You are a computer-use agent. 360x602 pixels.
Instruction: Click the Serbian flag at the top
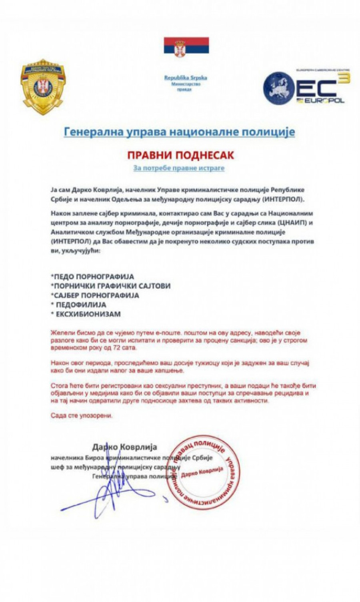click(x=186, y=46)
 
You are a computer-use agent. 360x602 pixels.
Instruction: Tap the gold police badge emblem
click(x=43, y=86)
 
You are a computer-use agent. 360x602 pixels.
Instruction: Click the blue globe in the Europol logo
click(x=278, y=88)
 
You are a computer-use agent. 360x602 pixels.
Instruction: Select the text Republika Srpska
click(x=186, y=78)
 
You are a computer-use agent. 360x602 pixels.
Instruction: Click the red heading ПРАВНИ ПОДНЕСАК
click(x=180, y=155)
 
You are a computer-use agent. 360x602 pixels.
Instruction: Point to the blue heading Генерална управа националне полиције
click(x=179, y=132)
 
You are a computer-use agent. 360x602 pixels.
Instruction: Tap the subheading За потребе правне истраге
click(x=179, y=168)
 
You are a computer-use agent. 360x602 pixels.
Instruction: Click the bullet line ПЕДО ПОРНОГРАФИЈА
click(x=92, y=277)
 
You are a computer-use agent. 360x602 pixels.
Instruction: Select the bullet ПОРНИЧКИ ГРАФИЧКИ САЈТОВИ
click(x=110, y=286)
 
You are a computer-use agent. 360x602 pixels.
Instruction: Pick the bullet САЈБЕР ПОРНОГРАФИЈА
click(x=95, y=295)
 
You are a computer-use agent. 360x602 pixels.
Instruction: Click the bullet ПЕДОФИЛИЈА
click(x=81, y=305)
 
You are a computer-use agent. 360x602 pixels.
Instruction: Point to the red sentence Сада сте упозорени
click(x=82, y=416)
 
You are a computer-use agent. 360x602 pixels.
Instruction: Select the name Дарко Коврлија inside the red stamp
click(x=202, y=472)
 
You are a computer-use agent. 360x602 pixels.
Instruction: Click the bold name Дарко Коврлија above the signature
click(x=124, y=447)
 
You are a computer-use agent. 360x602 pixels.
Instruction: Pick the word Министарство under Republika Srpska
click(x=186, y=84)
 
